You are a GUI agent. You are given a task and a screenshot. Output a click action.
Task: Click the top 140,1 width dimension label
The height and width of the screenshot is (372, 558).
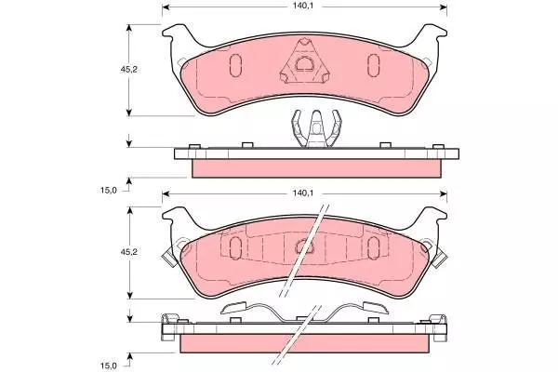click(302, 7)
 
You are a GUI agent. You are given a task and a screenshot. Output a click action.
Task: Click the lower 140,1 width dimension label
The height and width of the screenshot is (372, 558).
click(302, 193)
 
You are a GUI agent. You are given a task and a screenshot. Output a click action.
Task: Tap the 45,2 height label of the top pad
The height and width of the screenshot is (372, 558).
click(128, 70)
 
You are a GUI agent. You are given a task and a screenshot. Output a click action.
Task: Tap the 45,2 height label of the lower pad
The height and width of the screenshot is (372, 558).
click(128, 252)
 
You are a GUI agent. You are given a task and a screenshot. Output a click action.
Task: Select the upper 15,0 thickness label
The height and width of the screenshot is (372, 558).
click(108, 190)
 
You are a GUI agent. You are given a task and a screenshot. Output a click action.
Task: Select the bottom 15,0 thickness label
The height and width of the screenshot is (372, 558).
click(108, 365)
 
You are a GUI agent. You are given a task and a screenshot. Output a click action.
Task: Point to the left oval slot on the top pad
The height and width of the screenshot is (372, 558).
click(235, 65)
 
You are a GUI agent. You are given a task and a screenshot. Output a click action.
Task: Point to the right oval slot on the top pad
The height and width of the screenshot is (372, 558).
click(373, 65)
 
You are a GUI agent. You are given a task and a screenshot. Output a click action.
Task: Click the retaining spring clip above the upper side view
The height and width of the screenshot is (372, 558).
click(316, 129)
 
